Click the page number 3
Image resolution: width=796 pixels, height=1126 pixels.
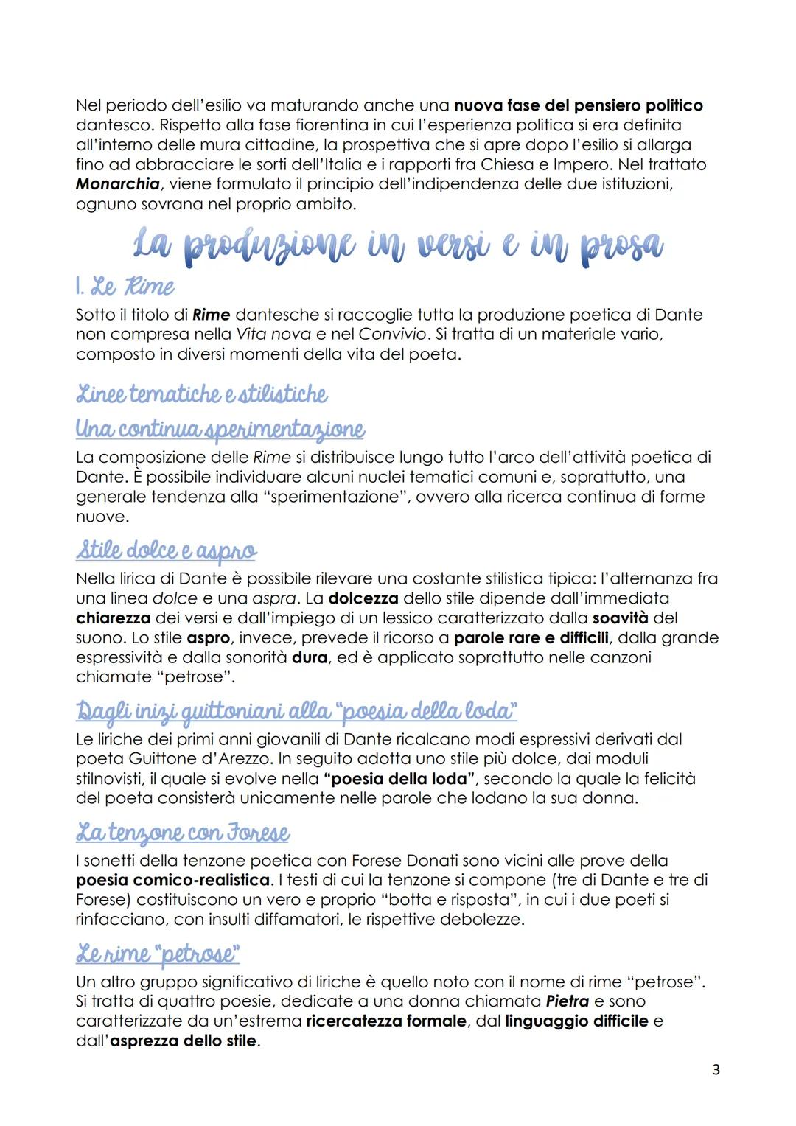point(716,1069)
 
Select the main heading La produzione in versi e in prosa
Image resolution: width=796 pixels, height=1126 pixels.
point(398,245)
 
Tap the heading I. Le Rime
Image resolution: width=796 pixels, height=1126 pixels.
point(125,286)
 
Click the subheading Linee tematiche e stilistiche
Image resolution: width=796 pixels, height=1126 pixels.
point(202,394)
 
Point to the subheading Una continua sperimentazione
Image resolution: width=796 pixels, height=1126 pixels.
point(220,429)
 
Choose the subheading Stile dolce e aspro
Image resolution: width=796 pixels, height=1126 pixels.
point(167,550)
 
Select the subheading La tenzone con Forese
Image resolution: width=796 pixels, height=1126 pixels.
point(183,833)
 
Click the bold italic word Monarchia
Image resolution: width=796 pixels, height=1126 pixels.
point(118,184)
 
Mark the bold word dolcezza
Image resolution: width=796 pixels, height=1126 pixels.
point(363,598)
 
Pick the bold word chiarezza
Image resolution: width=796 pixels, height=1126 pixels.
point(113,618)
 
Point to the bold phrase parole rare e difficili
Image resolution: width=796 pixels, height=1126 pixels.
point(531,637)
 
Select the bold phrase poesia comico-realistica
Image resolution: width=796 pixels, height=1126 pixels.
point(173,880)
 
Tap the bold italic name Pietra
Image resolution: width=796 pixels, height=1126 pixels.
point(567,1001)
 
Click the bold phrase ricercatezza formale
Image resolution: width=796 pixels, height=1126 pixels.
point(386,1021)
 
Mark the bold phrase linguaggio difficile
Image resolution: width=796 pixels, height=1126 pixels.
point(576,1021)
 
